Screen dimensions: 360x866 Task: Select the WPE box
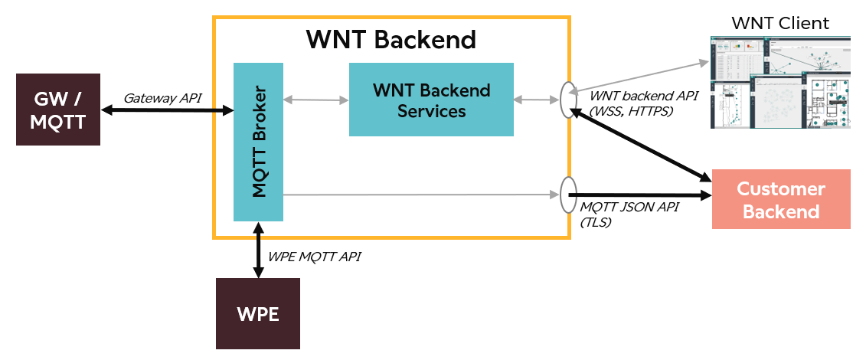258,313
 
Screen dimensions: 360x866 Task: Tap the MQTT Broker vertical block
258,142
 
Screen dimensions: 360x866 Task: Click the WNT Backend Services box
431,100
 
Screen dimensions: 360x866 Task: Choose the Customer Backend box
781,199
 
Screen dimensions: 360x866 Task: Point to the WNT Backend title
391,39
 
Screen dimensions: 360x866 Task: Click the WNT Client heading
780,23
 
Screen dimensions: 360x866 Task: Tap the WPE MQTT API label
314,257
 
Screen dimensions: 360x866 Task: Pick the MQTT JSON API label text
629,208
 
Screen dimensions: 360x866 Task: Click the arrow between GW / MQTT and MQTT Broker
167,111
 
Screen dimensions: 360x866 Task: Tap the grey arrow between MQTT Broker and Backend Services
316,100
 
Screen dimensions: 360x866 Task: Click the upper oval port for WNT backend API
567,100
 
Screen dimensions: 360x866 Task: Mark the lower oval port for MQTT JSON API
567,195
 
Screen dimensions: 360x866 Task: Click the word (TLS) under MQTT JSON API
597,222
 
